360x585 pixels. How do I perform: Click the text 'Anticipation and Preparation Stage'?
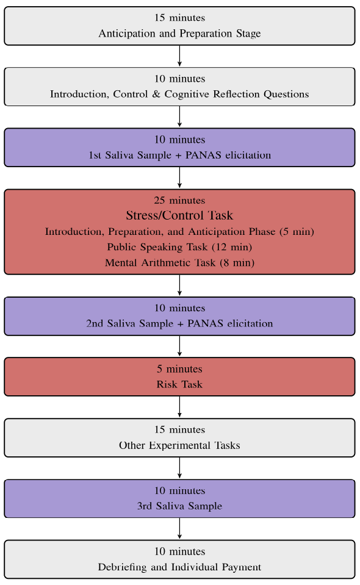179,34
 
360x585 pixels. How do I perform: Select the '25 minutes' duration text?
179,200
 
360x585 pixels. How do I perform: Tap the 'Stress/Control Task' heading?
179,215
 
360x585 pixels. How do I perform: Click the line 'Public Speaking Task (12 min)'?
179,247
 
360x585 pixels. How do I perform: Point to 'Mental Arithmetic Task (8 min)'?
179,263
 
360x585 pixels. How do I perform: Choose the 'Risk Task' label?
179,384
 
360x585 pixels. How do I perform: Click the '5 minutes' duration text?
179,369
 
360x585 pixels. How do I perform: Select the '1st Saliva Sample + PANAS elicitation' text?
179,155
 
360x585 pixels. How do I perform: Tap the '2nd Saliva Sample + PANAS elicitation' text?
179,323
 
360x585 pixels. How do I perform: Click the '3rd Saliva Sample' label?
179,506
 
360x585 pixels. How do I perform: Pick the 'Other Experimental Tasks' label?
179,445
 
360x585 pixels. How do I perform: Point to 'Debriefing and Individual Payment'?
179,567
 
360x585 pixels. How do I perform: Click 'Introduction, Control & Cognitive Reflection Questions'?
179,94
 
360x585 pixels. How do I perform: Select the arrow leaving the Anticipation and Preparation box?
179,56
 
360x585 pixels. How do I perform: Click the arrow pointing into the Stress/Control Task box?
179,178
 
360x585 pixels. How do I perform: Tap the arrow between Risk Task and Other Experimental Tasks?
179,407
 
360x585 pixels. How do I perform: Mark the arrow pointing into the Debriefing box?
179,528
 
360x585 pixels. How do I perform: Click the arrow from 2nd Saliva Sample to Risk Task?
179,346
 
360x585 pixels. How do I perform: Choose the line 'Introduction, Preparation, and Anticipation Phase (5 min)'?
179,232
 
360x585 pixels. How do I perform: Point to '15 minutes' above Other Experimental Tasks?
179,430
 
